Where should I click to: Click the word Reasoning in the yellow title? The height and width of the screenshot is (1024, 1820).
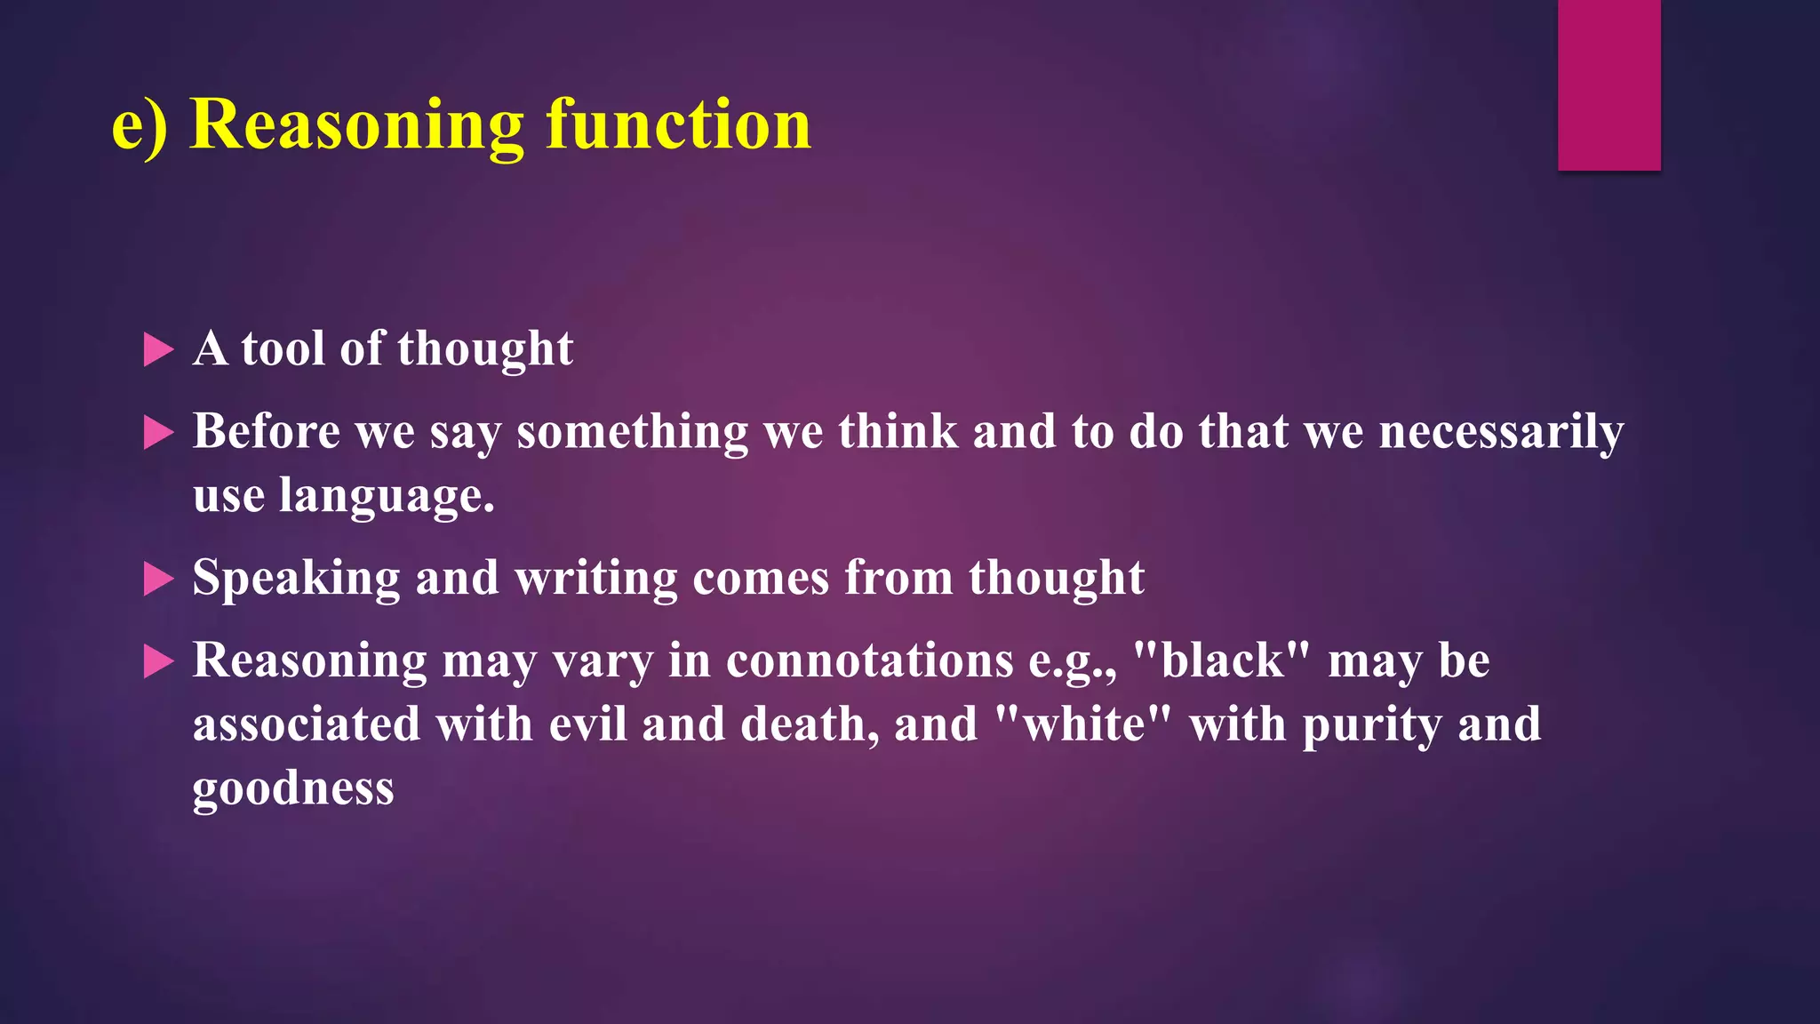pyautogui.click(x=357, y=125)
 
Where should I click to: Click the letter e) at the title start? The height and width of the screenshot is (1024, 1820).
pyautogui.click(x=139, y=125)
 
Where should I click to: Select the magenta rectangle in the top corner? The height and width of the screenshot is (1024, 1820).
pyautogui.click(x=1608, y=84)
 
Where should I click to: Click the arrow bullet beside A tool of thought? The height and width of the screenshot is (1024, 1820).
pyautogui.click(x=158, y=350)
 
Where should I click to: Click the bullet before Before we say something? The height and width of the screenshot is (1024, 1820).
pyautogui.click(x=158, y=433)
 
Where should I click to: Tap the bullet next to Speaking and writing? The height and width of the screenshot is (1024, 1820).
pyautogui.click(x=158, y=580)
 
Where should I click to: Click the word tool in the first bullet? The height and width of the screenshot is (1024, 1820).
pyautogui.click(x=283, y=348)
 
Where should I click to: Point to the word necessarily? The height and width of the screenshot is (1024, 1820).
pyautogui.click(x=1501, y=433)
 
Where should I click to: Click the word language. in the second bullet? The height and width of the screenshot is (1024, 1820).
pyautogui.click(x=387, y=496)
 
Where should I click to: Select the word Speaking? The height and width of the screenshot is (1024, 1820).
pyautogui.click(x=296, y=579)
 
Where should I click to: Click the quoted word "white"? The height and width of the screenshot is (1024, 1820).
pyautogui.click(x=1083, y=724)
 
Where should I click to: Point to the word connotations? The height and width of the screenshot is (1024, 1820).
pyautogui.click(x=869, y=661)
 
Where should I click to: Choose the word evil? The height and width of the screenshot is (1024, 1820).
pyautogui.click(x=587, y=724)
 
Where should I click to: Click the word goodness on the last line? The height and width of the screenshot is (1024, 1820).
pyautogui.click(x=293, y=788)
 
